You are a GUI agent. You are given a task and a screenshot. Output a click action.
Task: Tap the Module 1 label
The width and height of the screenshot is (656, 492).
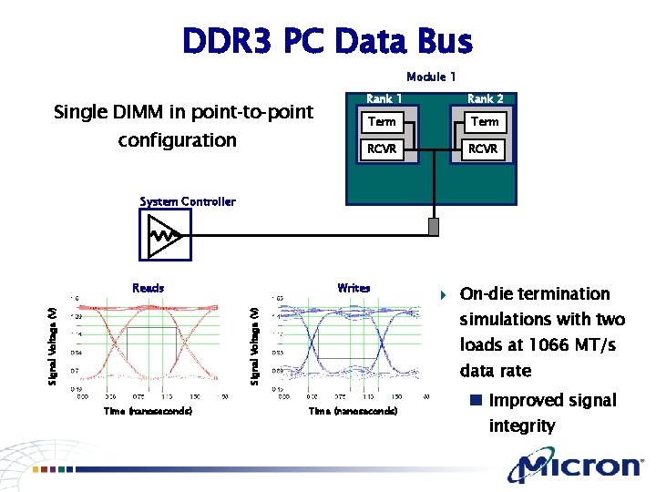click(x=431, y=77)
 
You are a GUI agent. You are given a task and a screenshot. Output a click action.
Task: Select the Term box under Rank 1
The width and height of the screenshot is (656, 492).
click(x=382, y=121)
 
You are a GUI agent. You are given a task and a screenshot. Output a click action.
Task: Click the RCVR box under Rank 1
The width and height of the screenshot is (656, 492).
click(x=382, y=149)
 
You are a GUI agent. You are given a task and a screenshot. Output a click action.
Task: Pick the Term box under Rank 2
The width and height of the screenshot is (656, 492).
click(x=484, y=121)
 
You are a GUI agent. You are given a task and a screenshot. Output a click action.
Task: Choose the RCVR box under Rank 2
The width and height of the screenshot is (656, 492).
click(x=483, y=149)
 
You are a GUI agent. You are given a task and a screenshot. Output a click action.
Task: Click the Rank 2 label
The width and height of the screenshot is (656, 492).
click(x=485, y=98)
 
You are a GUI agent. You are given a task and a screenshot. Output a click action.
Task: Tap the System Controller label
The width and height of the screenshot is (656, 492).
click(x=188, y=201)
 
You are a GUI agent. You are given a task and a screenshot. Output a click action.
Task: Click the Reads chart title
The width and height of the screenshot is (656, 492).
click(x=149, y=288)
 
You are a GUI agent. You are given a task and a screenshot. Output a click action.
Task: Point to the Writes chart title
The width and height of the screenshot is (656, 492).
click(x=354, y=288)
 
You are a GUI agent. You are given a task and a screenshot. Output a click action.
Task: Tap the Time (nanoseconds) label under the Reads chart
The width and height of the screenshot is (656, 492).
click(x=148, y=412)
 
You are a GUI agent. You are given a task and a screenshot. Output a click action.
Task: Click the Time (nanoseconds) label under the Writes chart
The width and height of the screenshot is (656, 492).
click(x=353, y=412)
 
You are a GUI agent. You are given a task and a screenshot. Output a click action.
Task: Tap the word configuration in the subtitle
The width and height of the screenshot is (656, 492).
click(x=177, y=140)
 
